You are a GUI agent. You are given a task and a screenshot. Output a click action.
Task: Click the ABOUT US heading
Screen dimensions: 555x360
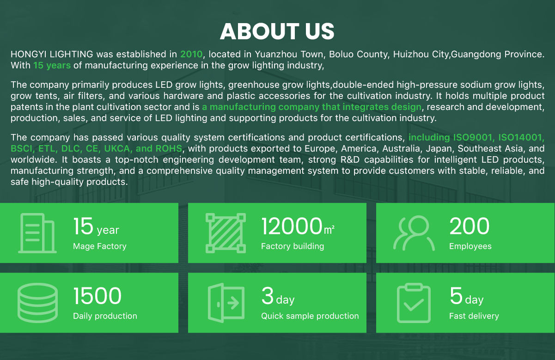pyautogui.click(x=277, y=31)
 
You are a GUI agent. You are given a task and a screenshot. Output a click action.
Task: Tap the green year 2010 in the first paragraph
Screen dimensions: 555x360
pyautogui.click(x=191, y=54)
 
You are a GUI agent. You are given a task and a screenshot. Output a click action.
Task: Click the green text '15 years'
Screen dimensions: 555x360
pyautogui.click(x=52, y=65)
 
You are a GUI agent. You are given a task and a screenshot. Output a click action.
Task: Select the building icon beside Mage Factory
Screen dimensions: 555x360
pyautogui.click(x=37, y=233)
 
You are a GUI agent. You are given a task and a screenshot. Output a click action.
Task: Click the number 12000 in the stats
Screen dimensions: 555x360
pyautogui.click(x=292, y=226)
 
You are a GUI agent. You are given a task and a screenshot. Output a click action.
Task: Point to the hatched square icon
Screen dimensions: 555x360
pyautogui.click(x=226, y=233)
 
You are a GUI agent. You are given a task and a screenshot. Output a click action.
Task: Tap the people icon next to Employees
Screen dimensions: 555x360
pyautogui.click(x=414, y=233)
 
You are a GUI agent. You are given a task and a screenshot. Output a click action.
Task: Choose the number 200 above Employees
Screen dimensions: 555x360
pyautogui.click(x=469, y=226)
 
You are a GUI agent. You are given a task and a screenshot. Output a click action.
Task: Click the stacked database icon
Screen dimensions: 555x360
pyautogui.click(x=37, y=303)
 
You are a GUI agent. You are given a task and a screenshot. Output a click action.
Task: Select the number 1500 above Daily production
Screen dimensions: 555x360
pyautogui.click(x=97, y=296)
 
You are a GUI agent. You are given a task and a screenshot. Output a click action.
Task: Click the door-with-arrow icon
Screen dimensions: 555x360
pyautogui.click(x=226, y=303)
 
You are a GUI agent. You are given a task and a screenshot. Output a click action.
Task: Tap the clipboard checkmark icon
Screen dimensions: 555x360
pyautogui.click(x=414, y=303)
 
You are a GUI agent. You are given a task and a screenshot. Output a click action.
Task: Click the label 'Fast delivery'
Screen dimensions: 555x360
pyautogui.click(x=474, y=316)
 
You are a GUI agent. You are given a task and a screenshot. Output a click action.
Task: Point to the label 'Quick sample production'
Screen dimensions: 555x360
pyautogui.click(x=310, y=316)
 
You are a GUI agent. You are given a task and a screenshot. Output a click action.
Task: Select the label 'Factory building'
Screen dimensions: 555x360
pyautogui.click(x=292, y=246)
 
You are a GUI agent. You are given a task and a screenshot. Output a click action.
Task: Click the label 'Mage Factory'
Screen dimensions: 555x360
pyautogui.click(x=99, y=246)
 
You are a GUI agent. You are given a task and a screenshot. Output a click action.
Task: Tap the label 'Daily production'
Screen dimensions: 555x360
pyautogui.click(x=105, y=316)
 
